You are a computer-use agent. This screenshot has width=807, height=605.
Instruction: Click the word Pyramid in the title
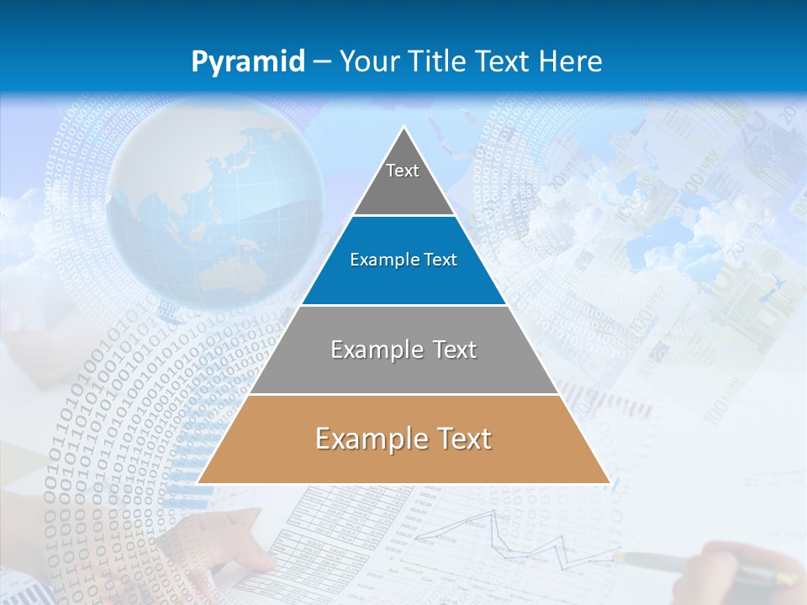pos(248,61)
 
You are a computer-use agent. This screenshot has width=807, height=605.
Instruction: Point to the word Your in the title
pos(369,61)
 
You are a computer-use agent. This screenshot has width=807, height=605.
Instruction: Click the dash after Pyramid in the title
pos(322,62)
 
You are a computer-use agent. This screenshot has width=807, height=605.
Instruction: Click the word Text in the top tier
pos(403,171)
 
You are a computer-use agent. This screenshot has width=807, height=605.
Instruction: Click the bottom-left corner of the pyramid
pos(198,482)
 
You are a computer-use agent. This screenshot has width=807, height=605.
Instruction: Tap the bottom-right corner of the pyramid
pos(609,482)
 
